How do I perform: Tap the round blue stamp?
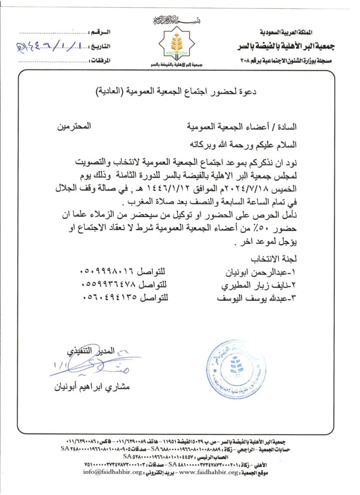click(236, 369)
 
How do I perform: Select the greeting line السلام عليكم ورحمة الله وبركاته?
click(241, 144)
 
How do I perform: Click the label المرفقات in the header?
click(101, 60)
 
